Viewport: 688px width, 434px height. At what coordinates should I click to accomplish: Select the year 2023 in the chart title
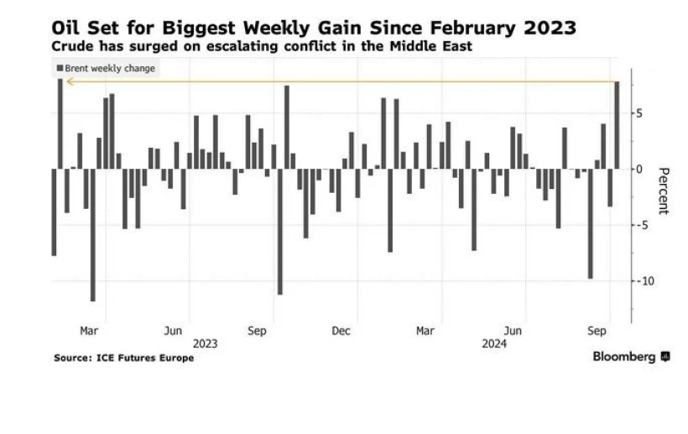[x=548, y=28]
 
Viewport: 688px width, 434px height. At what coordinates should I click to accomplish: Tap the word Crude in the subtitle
[x=74, y=46]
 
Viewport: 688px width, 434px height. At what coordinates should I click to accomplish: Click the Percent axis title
[x=663, y=191]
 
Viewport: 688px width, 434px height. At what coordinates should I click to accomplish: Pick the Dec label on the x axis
[x=340, y=332]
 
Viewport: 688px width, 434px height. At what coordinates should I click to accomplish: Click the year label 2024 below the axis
[x=494, y=343]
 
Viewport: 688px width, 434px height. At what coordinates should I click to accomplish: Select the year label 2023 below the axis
[x=206, y=343]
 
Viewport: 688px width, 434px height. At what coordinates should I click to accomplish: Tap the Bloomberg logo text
[x=624, y=357]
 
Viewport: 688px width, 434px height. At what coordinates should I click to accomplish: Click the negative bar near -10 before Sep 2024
[x=591, y=223]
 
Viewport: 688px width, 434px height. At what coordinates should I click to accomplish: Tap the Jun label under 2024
[x=518, y=332]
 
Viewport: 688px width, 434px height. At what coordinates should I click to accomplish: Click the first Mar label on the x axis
[x=89, y=332]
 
